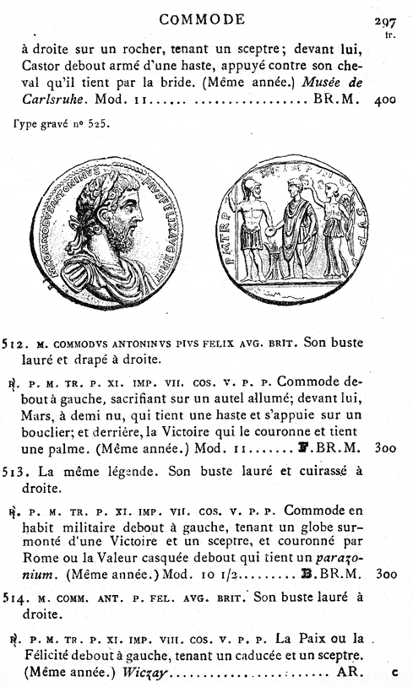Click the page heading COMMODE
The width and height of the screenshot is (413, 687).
tap(201, 19)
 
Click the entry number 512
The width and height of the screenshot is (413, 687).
tap(16, 345)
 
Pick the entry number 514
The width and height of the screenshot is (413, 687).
tap(16, 598)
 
